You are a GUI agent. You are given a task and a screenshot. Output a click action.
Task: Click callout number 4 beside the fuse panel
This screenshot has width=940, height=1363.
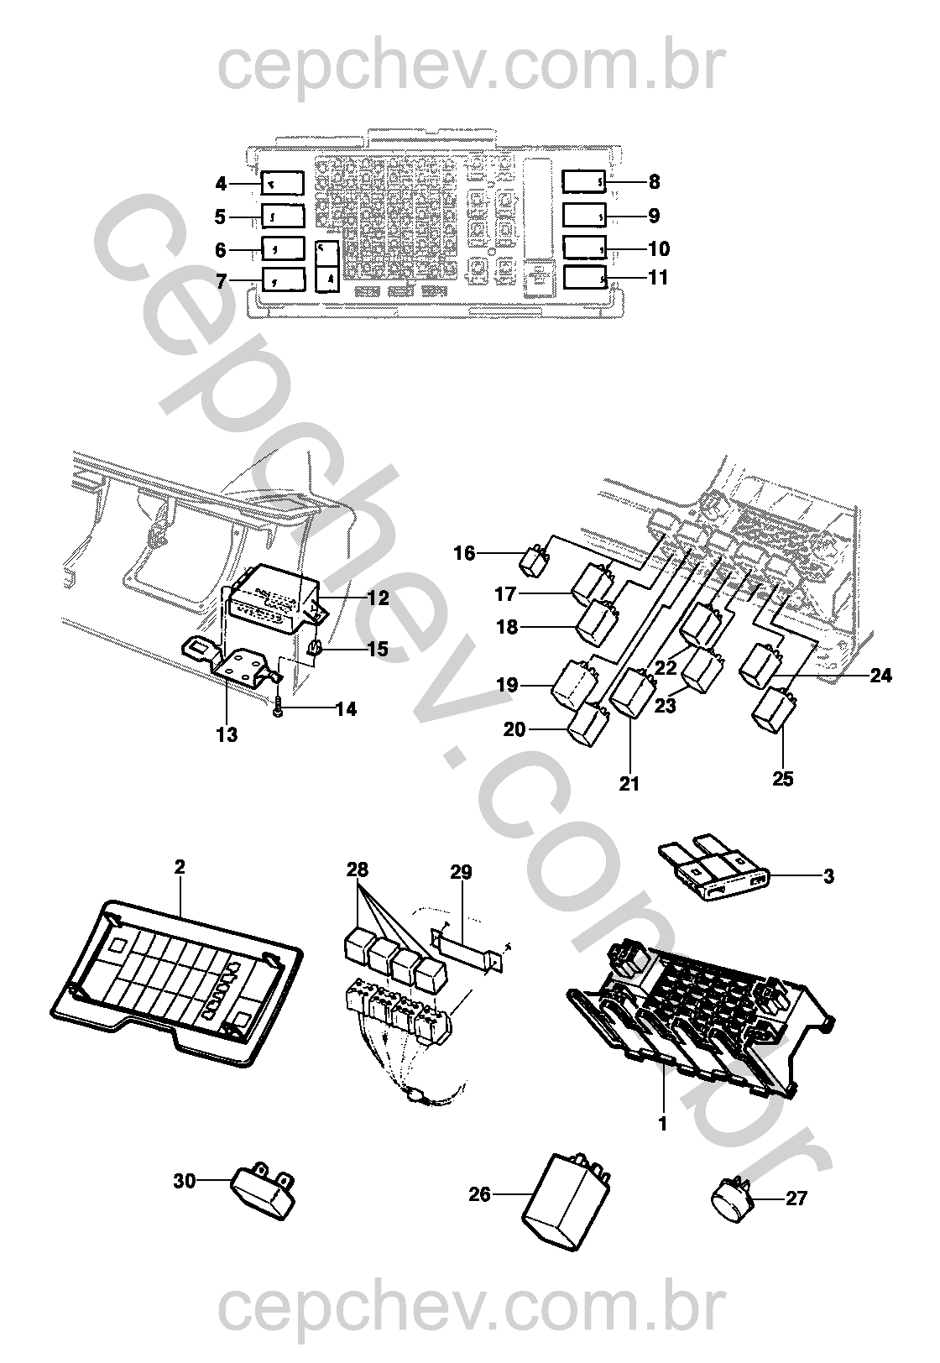(221, 183)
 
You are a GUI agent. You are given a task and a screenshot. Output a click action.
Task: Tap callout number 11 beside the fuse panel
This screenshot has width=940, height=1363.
(659, 277)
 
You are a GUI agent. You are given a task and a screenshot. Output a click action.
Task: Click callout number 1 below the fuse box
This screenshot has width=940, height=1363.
(662, 1123)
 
